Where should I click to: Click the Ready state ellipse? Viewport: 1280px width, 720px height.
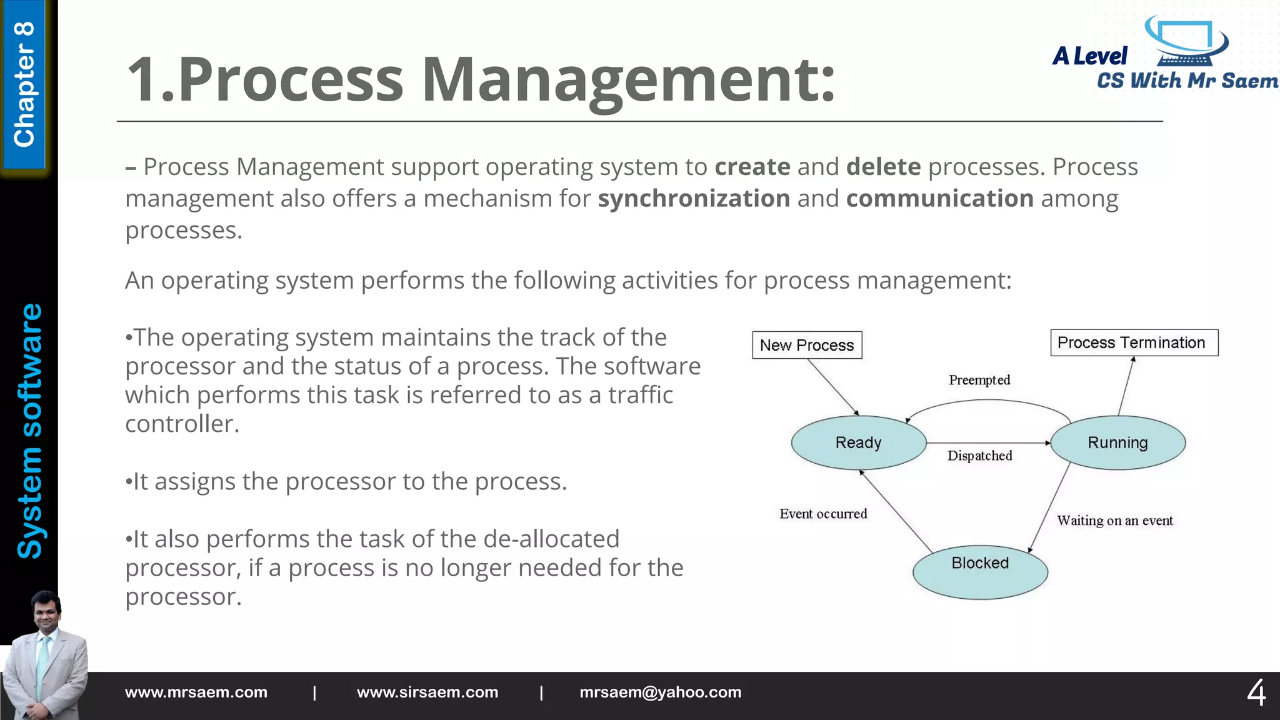(x=859, y=442)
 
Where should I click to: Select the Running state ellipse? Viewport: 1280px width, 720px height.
(x=1117, y=442)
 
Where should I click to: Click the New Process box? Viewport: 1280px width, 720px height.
(x=807, y=345)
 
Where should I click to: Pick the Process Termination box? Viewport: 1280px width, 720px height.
(x=1134, y=342)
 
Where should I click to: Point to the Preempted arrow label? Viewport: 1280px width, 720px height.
(x=979, y=380)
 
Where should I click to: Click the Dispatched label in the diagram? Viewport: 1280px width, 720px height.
(x=979, y=456)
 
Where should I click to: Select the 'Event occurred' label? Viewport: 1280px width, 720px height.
(x=823, y=514)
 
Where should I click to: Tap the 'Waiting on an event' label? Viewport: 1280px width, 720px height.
(x=1115, y=521)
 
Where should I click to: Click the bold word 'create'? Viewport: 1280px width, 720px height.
(x=752, y=167)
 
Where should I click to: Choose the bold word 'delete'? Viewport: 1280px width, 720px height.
(x=883, y=167)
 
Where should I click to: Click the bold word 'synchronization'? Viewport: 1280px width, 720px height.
(x=694, y=199)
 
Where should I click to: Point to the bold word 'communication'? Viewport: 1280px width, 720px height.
(x=939, y=199)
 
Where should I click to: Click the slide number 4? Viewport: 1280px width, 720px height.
(x=1256, y=693)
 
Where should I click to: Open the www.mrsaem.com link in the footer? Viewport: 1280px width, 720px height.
(x=196, y=692)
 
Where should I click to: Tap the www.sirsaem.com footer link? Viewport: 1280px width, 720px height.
(x=427, y=692)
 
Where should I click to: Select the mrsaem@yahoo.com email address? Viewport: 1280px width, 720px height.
(x=660, y=692)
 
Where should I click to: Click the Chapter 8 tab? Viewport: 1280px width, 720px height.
(x=24, y=84)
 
